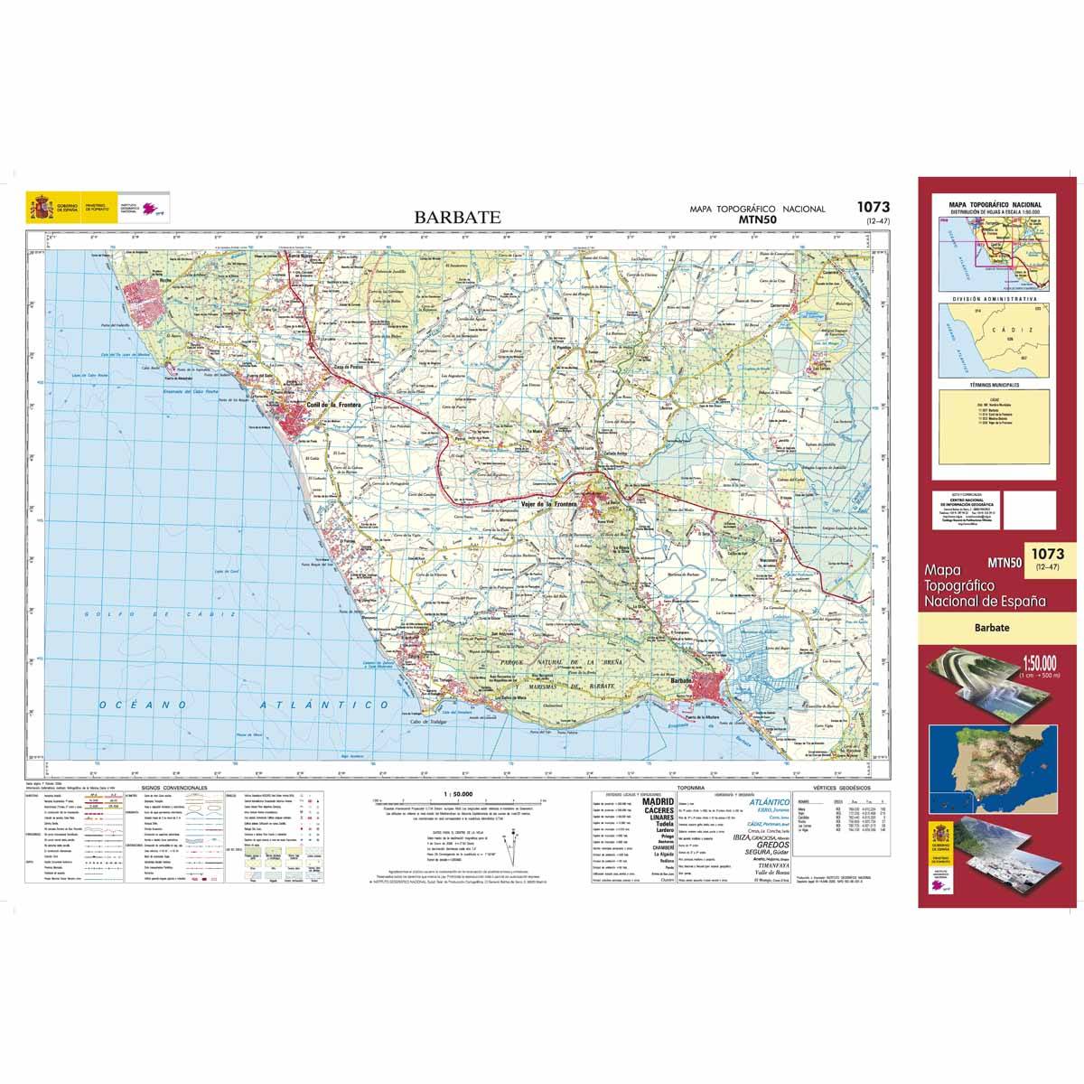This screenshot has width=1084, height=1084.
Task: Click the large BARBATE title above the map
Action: click(457, 217)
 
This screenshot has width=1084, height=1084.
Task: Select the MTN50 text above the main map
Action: click(758, 219)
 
